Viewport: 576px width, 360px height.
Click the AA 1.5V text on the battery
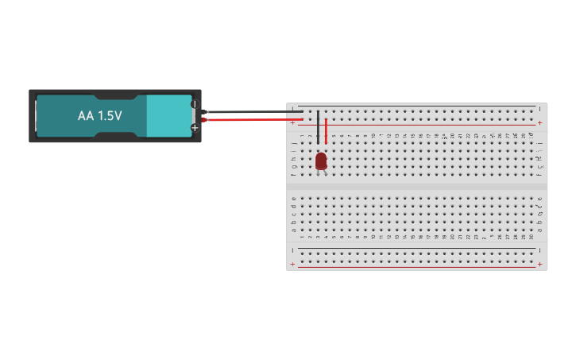tap(99, 116)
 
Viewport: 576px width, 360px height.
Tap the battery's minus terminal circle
tap(194, 104)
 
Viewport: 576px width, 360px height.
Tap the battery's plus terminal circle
tap(194, 127)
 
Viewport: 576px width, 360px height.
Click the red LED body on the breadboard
tap(321, 161)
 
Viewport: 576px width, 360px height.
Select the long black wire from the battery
tap(254, 112)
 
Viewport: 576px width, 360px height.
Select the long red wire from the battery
tap(254, 120)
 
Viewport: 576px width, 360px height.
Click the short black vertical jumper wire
tap(318, 127)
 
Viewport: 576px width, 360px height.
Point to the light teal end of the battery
tap(169, 116)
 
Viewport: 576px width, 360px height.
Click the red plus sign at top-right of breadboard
tap(540, 123)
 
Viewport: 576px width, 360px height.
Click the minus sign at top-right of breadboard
tap(540, 108)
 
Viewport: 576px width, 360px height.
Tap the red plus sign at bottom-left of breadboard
tap(292, 264)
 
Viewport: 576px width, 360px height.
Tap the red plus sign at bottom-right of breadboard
tap(540, 264)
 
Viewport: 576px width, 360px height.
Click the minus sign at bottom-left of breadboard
tap(292, 249)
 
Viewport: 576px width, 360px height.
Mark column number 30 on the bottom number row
tap(532, 237)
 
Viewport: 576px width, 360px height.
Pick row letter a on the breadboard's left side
tap(294, 230)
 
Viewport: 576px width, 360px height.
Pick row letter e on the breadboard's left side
tap(294, 198)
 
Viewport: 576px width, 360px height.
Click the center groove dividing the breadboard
tap(416, 187)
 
